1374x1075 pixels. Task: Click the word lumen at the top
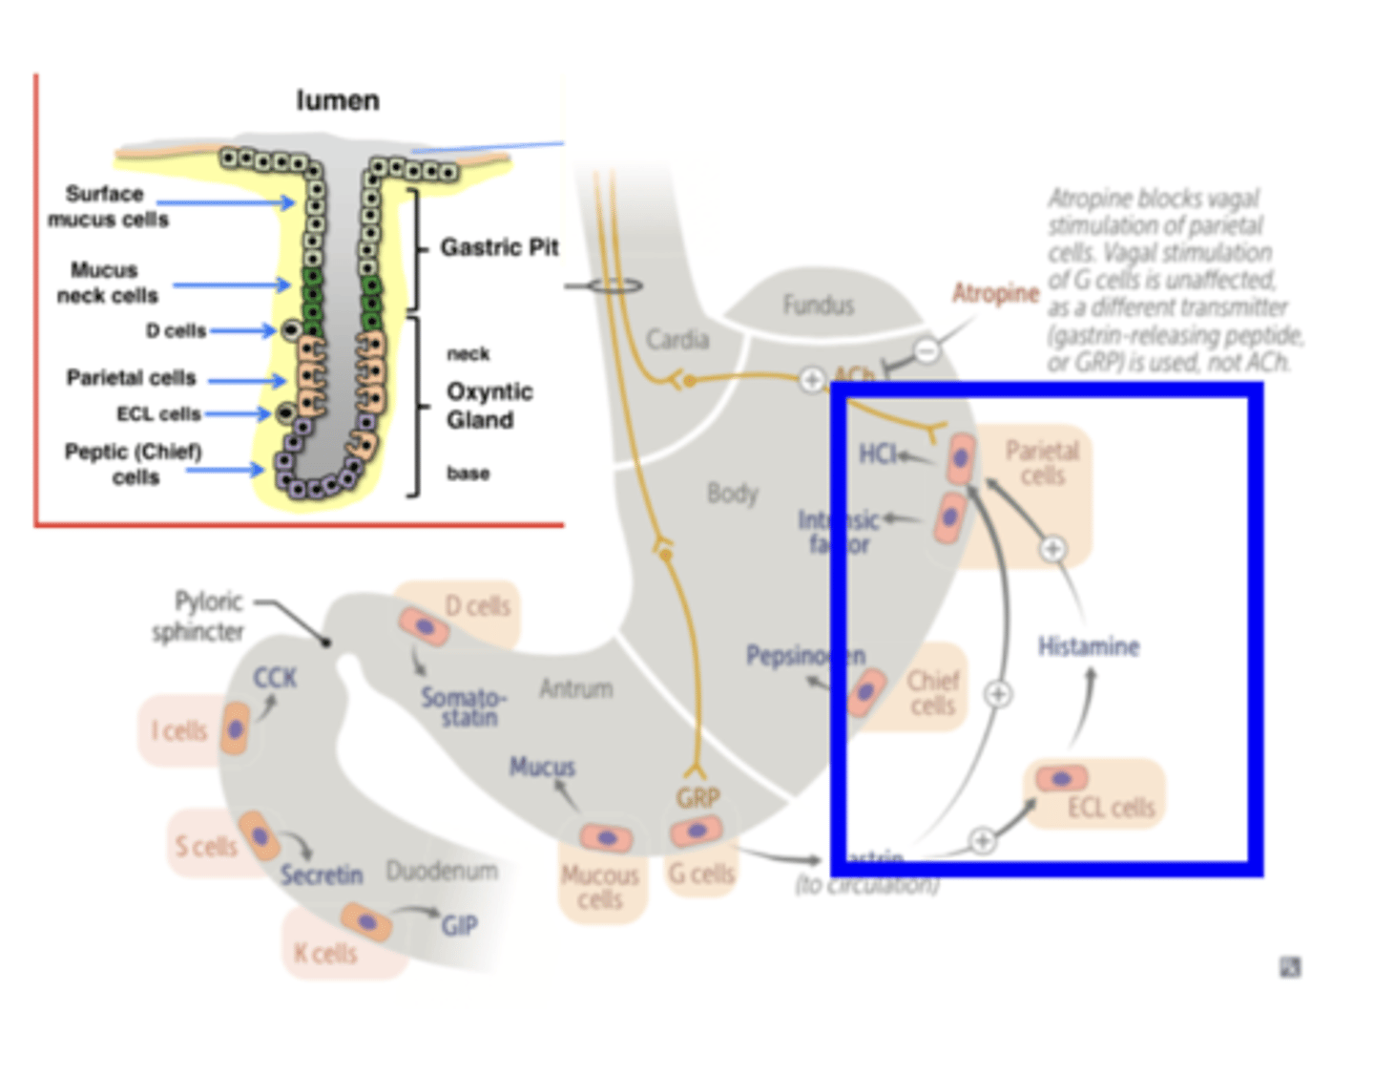(x=338, y=100)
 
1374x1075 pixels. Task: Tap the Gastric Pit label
(x=498, y=247)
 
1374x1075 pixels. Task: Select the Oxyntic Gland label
(x=489, y=406)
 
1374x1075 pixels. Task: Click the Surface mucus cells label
(x=107, y=206)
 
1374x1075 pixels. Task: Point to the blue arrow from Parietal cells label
(x=246, y=381)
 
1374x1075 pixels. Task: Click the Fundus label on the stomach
(x=818, y=305)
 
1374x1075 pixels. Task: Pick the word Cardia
(x=677, y=339)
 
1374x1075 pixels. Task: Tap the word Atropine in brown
(x=995, y=293)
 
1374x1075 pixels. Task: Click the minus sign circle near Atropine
(x=926, y=351)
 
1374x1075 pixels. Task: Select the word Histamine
(x=1088, y=646)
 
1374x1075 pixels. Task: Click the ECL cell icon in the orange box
(x=1061, y=778)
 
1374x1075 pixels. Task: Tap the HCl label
(x=878, y=453)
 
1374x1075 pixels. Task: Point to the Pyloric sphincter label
(x=198, y=616)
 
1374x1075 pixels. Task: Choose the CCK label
(x=275, y=678)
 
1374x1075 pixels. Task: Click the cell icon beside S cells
(x=259, y=835)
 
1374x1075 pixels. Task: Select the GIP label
(x=459, y=925)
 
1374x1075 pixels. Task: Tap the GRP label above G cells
(x=697, y=797)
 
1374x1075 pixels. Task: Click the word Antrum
(x=576, y=688)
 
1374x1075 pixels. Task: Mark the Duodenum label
(x=442, y=871)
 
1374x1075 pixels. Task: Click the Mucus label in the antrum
(x=542, y=767)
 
